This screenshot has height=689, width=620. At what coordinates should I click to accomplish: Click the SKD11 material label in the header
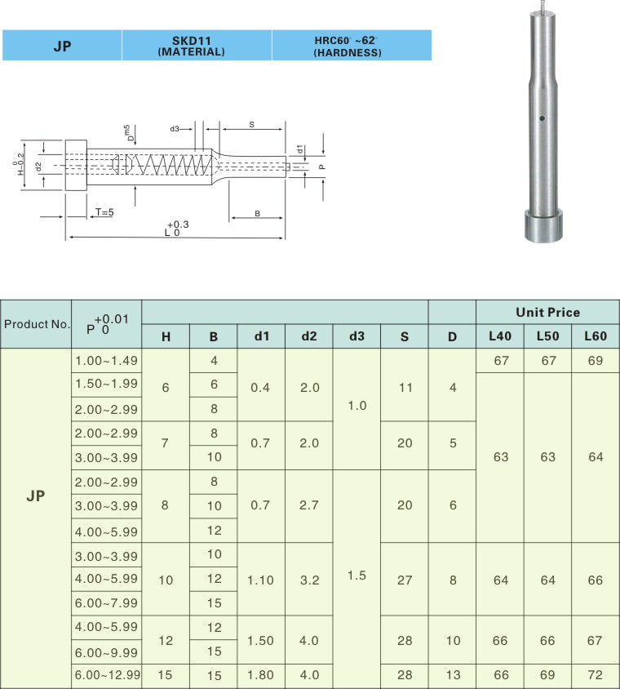pyautogui.click(x=196, y=39)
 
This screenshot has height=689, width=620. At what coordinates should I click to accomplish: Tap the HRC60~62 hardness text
pyautogui.click(x=347, y=39)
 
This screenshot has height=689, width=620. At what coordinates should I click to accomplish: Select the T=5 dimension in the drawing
pyautogui.click(x=104, y=211)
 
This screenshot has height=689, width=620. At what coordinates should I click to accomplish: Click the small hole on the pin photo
pyautogui.click(x=541, y=119)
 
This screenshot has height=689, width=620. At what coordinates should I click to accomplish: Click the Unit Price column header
pyautogui.click(x=547, y=312)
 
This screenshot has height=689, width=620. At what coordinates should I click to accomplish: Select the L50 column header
pyautogui.click(x=547, y=336)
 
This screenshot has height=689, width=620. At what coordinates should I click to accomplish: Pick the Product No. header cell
pyautogui.click(x=37, y=324)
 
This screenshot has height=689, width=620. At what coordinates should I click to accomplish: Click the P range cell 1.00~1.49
pyautogui.click(x=106, y=361)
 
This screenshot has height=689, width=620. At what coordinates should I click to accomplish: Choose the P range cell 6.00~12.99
pyautogui.click(x=106, y=676)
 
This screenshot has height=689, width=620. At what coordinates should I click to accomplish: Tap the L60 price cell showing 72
pyautogui.click(x=596, y=676)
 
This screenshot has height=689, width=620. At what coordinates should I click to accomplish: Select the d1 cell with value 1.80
pyautogui.click(x=261, y=676)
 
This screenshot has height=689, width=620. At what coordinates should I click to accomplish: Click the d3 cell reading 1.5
pyautogui.click(x=356, y=576)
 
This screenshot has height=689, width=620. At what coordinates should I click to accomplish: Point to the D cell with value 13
pyautogui.click(x=452, y=676)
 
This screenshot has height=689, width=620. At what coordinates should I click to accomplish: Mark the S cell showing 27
pyautogui.click(x=404, y=580)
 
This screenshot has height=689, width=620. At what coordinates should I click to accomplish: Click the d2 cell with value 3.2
pyautogui.click(x=309, y=580)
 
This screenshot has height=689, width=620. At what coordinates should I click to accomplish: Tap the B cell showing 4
pyautogui.click(x=214, y=361)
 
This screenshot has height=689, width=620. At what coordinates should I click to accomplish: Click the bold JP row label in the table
pyautogui.click(x=36, y=496)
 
